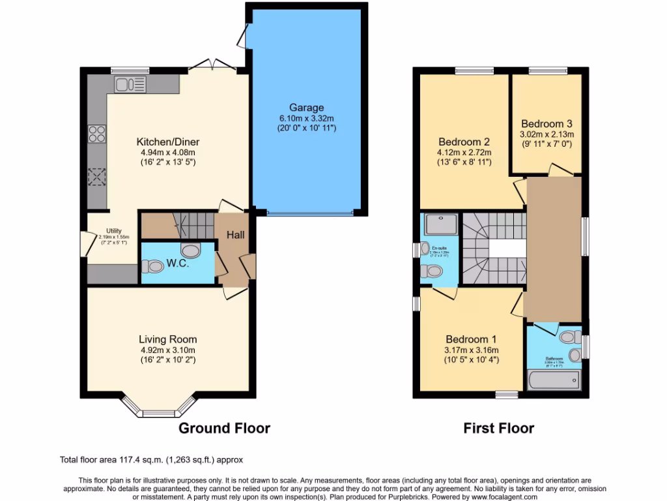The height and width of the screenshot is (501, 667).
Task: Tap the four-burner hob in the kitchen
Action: [x=96, y=134]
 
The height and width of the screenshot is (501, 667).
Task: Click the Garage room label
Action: [x=306, y=108]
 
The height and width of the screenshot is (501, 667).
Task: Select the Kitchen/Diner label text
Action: [x=167, y=142]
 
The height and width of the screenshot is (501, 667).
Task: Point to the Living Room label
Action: [x=167, y=339]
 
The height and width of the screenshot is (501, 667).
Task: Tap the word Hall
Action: [x=235, y=234]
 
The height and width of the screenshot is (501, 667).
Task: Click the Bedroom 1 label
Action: [x=471, y=339]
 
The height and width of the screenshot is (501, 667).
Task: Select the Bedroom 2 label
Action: [x=464, y=142]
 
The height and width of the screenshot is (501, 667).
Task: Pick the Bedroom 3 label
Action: [x=546, y=123]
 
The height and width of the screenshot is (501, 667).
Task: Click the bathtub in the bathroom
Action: [x=555, y=381]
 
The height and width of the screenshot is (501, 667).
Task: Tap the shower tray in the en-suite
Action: [x=440, y=225]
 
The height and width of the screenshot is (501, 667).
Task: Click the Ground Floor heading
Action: [x=224, y=428]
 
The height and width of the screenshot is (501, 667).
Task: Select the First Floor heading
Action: [x=498, y=428]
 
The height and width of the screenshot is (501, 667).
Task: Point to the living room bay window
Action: [x=159, y=406]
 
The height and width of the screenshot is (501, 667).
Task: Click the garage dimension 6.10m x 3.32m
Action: [x=306, y=119]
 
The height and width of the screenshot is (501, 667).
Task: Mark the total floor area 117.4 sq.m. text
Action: [x=151, y=460]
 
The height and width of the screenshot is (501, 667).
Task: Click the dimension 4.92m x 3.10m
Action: [x=167, y=350]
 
